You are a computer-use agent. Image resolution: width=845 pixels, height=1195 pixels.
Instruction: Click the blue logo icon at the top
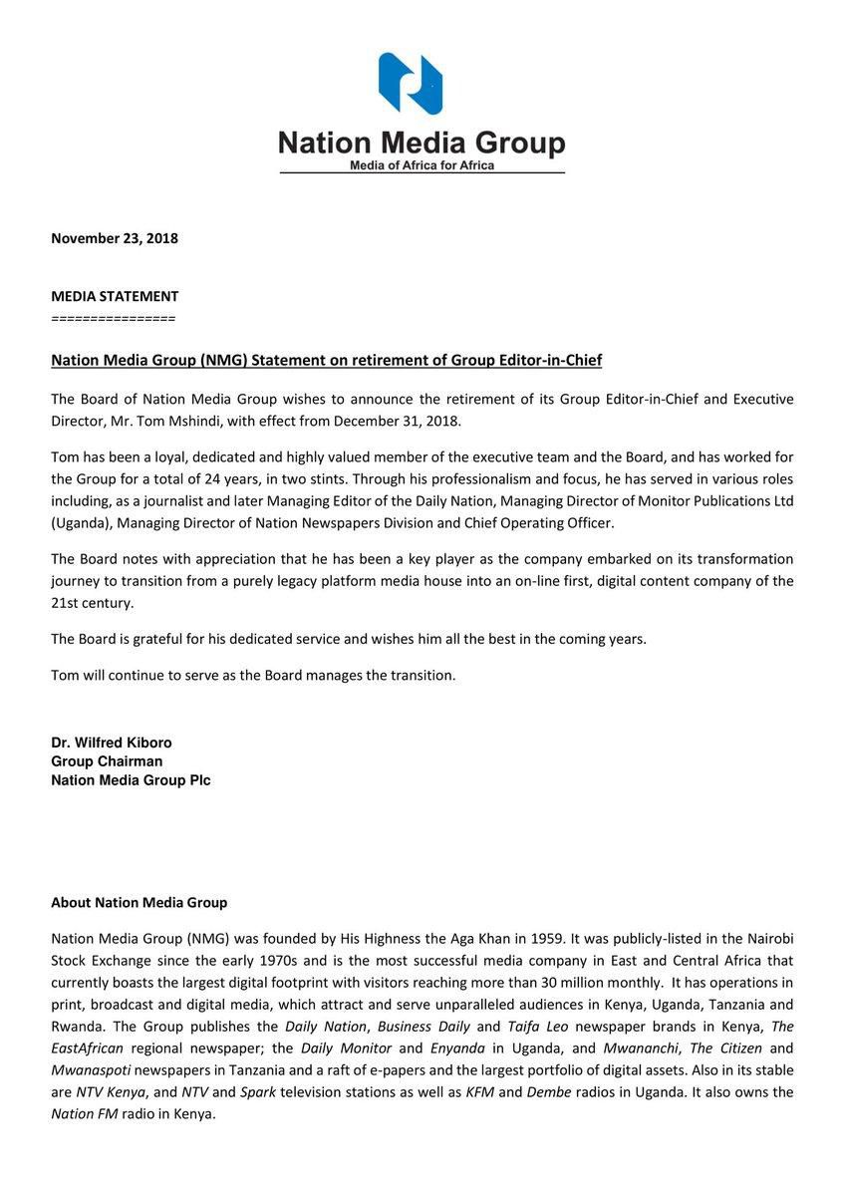(410, 84)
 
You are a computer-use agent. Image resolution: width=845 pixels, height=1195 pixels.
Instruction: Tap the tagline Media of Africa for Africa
(422, 165)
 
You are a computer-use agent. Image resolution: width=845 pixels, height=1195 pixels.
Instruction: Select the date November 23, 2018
(115, 238)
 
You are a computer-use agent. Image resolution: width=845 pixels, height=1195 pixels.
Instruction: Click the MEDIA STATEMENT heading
(115, 296)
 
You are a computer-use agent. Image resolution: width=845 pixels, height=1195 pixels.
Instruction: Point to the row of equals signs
(113, 318)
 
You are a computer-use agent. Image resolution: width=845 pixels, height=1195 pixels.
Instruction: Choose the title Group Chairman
(107, 761)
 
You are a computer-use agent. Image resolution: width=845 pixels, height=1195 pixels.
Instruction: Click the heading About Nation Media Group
(139, 902)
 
